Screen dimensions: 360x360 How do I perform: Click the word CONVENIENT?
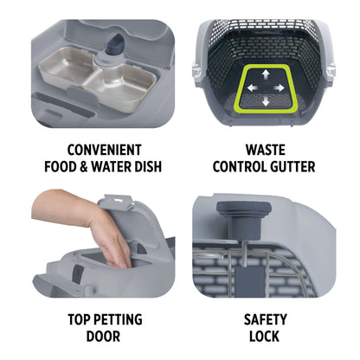pyautogui.click(x=104, y=150)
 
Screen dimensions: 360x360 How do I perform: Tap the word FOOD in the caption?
pyautogui.click(x=61, y=167)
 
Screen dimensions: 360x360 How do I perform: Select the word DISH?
pyautogui.click(x=147, y=167)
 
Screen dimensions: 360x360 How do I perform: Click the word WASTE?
pyautogui.click(x=266, y=150)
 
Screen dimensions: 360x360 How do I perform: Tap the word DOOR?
pyautogui.click(x=103, y=337)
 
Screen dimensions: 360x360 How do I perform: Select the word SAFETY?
pyautogui.click(x=266, y=319)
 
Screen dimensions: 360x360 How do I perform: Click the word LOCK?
pyautogui.click(x=264, y=337)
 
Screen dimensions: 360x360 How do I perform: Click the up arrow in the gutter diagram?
pyautogui.click(x=266, y=75)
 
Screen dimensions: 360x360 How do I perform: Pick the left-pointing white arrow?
pyautogui.click(x=253, y=88)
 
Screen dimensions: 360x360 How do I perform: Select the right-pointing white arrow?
pyautogui.click(x=279, y=88)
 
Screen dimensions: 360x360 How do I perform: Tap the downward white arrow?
pyautogui.click(x=266, y=100)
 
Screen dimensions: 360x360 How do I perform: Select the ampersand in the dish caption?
pyautogui.click(x=84, y=167)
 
